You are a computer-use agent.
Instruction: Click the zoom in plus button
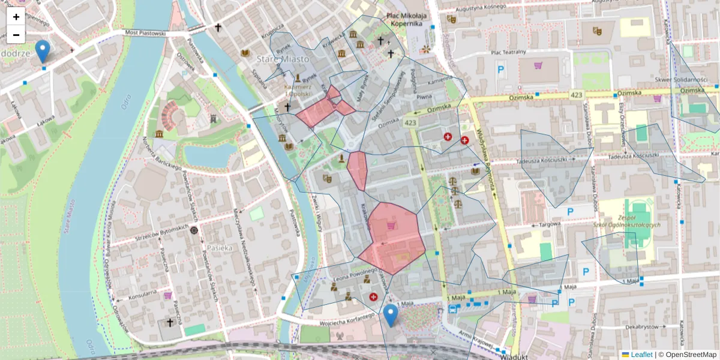(x=16, y=17)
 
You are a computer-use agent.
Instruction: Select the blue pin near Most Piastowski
(x=42, y=51)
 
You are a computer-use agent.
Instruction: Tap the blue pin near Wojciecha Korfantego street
(x=391, y=315)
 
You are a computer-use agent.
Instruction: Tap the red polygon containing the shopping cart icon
(x=393, y=240)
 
